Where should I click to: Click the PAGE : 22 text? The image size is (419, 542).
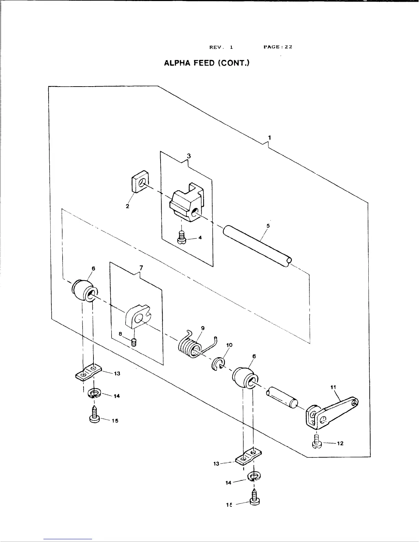(x=278, y=47)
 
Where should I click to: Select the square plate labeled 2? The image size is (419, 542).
(x=140, y=184)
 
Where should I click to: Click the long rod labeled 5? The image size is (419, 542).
(x=257, y=245)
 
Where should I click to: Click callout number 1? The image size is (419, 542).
(x=270, y=138)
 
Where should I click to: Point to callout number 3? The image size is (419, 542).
(x=189, y=156)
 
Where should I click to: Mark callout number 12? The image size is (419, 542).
(x=340, y=443)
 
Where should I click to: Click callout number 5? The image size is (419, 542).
(x=268, y=226)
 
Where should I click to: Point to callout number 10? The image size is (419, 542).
(x=229, y=345)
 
